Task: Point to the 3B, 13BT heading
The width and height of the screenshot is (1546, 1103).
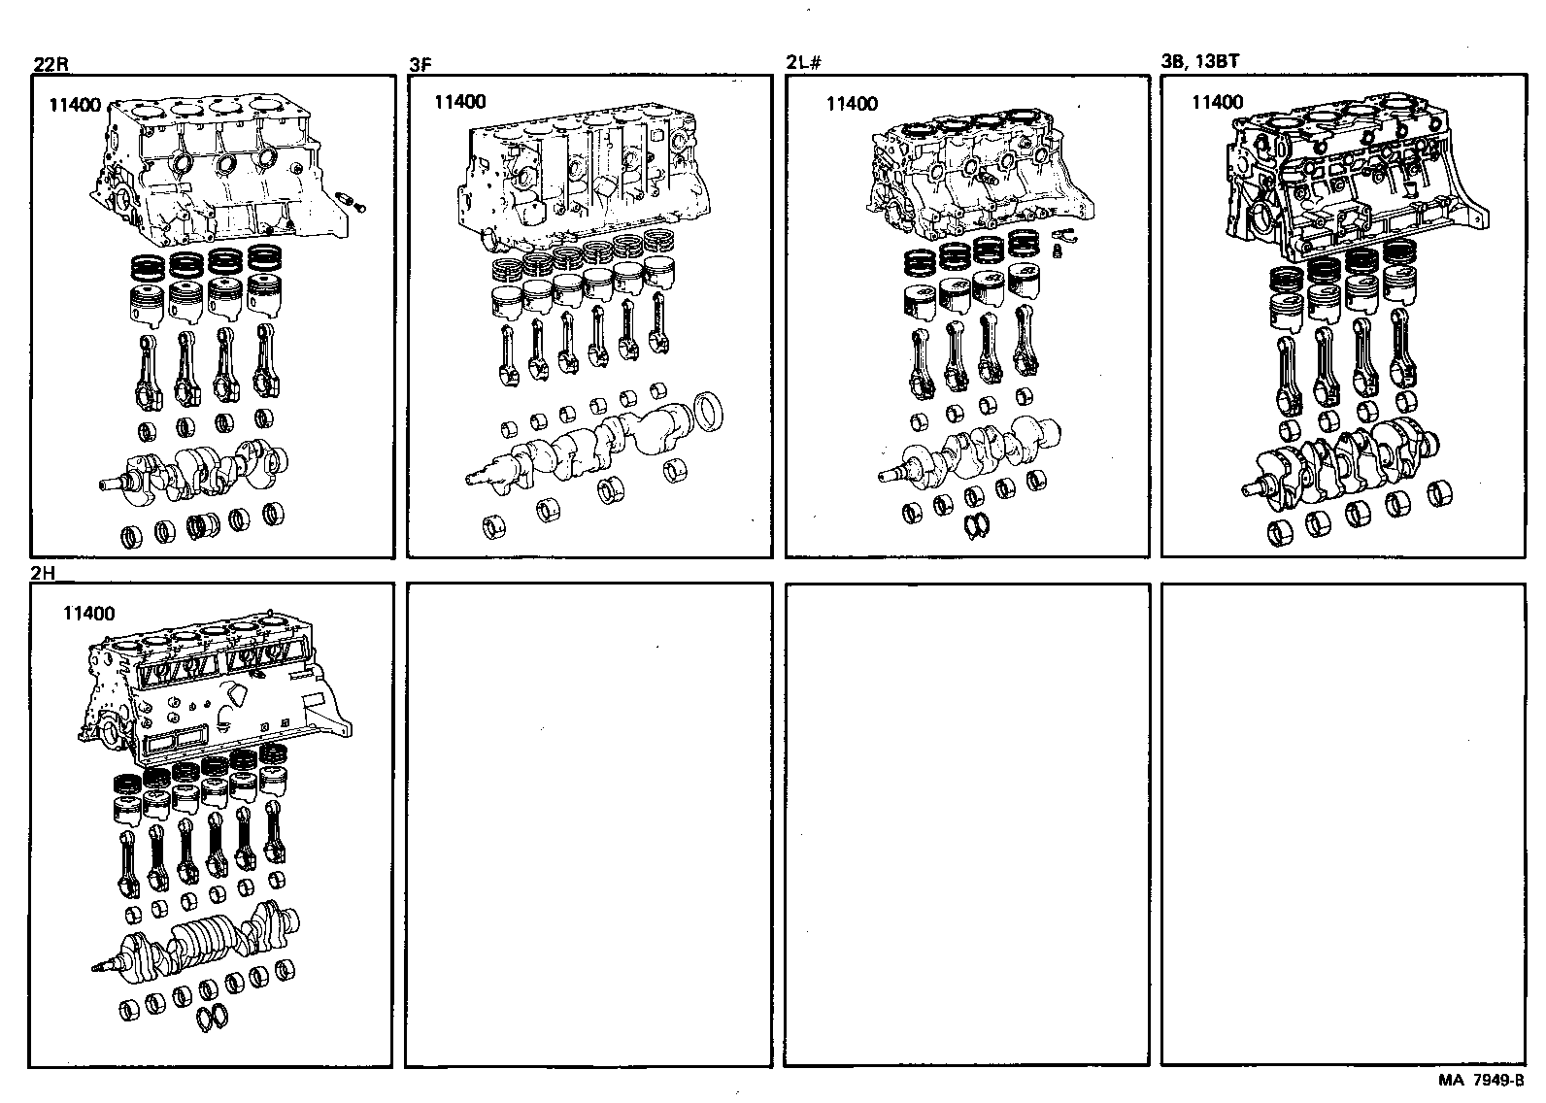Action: [x=1199, y=62]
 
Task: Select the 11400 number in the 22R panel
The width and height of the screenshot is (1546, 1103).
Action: [x=75, y=105]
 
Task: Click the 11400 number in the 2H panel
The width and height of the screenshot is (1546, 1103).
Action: [x=88, y=613]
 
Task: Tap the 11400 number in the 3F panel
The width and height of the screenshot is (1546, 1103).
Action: [x=460, y=102]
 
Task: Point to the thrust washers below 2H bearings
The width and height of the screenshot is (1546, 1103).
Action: [x=213, y=1017]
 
